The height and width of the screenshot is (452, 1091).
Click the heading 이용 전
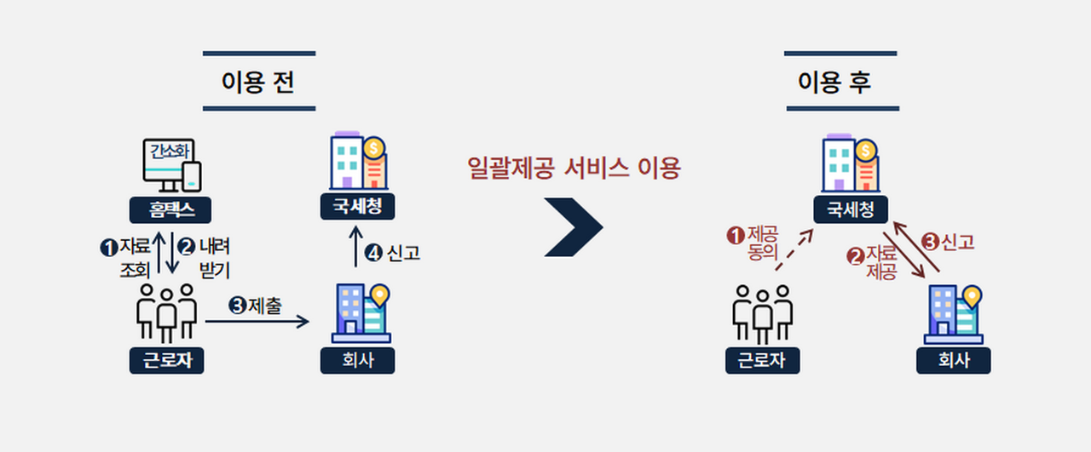pyautogui.click(x=258, y=83)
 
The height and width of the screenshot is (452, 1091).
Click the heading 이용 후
pyautogui.click(x=840, y=83)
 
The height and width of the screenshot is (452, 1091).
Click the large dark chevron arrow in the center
pyautogui.click(x=574, y=227)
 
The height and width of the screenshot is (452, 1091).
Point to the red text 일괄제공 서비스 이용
pyautogui.click(x=574, y=169)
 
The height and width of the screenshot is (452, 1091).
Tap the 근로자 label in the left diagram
pyautogui.click(x=167, y=361)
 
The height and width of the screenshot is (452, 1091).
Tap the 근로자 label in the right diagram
pyautogui.click(x=763, y=361)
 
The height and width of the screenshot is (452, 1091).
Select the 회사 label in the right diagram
pyautogui.click(x=954, y=361)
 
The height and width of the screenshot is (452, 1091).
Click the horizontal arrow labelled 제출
pyautogui.click(x=257, y=321)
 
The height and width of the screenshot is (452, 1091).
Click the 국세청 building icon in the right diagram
pyautogui.click(x=851, y=164)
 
